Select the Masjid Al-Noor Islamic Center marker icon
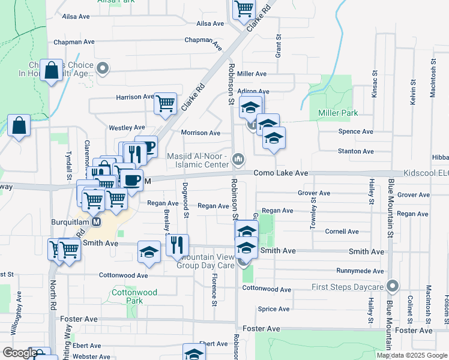coord(238,158)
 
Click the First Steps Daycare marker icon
coord(393,286)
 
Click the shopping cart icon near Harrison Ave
coord(165,103)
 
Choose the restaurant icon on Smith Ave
coord(176,244)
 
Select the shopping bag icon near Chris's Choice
coord(52,70)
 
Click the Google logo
coord(19,353)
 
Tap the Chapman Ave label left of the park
coord(74,43)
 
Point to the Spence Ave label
coord(356,131)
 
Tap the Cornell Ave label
coord(342,232)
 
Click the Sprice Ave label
coord(273,309)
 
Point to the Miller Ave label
coord(252,74)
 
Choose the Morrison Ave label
coord(200,133)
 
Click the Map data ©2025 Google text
coord(412,355)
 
